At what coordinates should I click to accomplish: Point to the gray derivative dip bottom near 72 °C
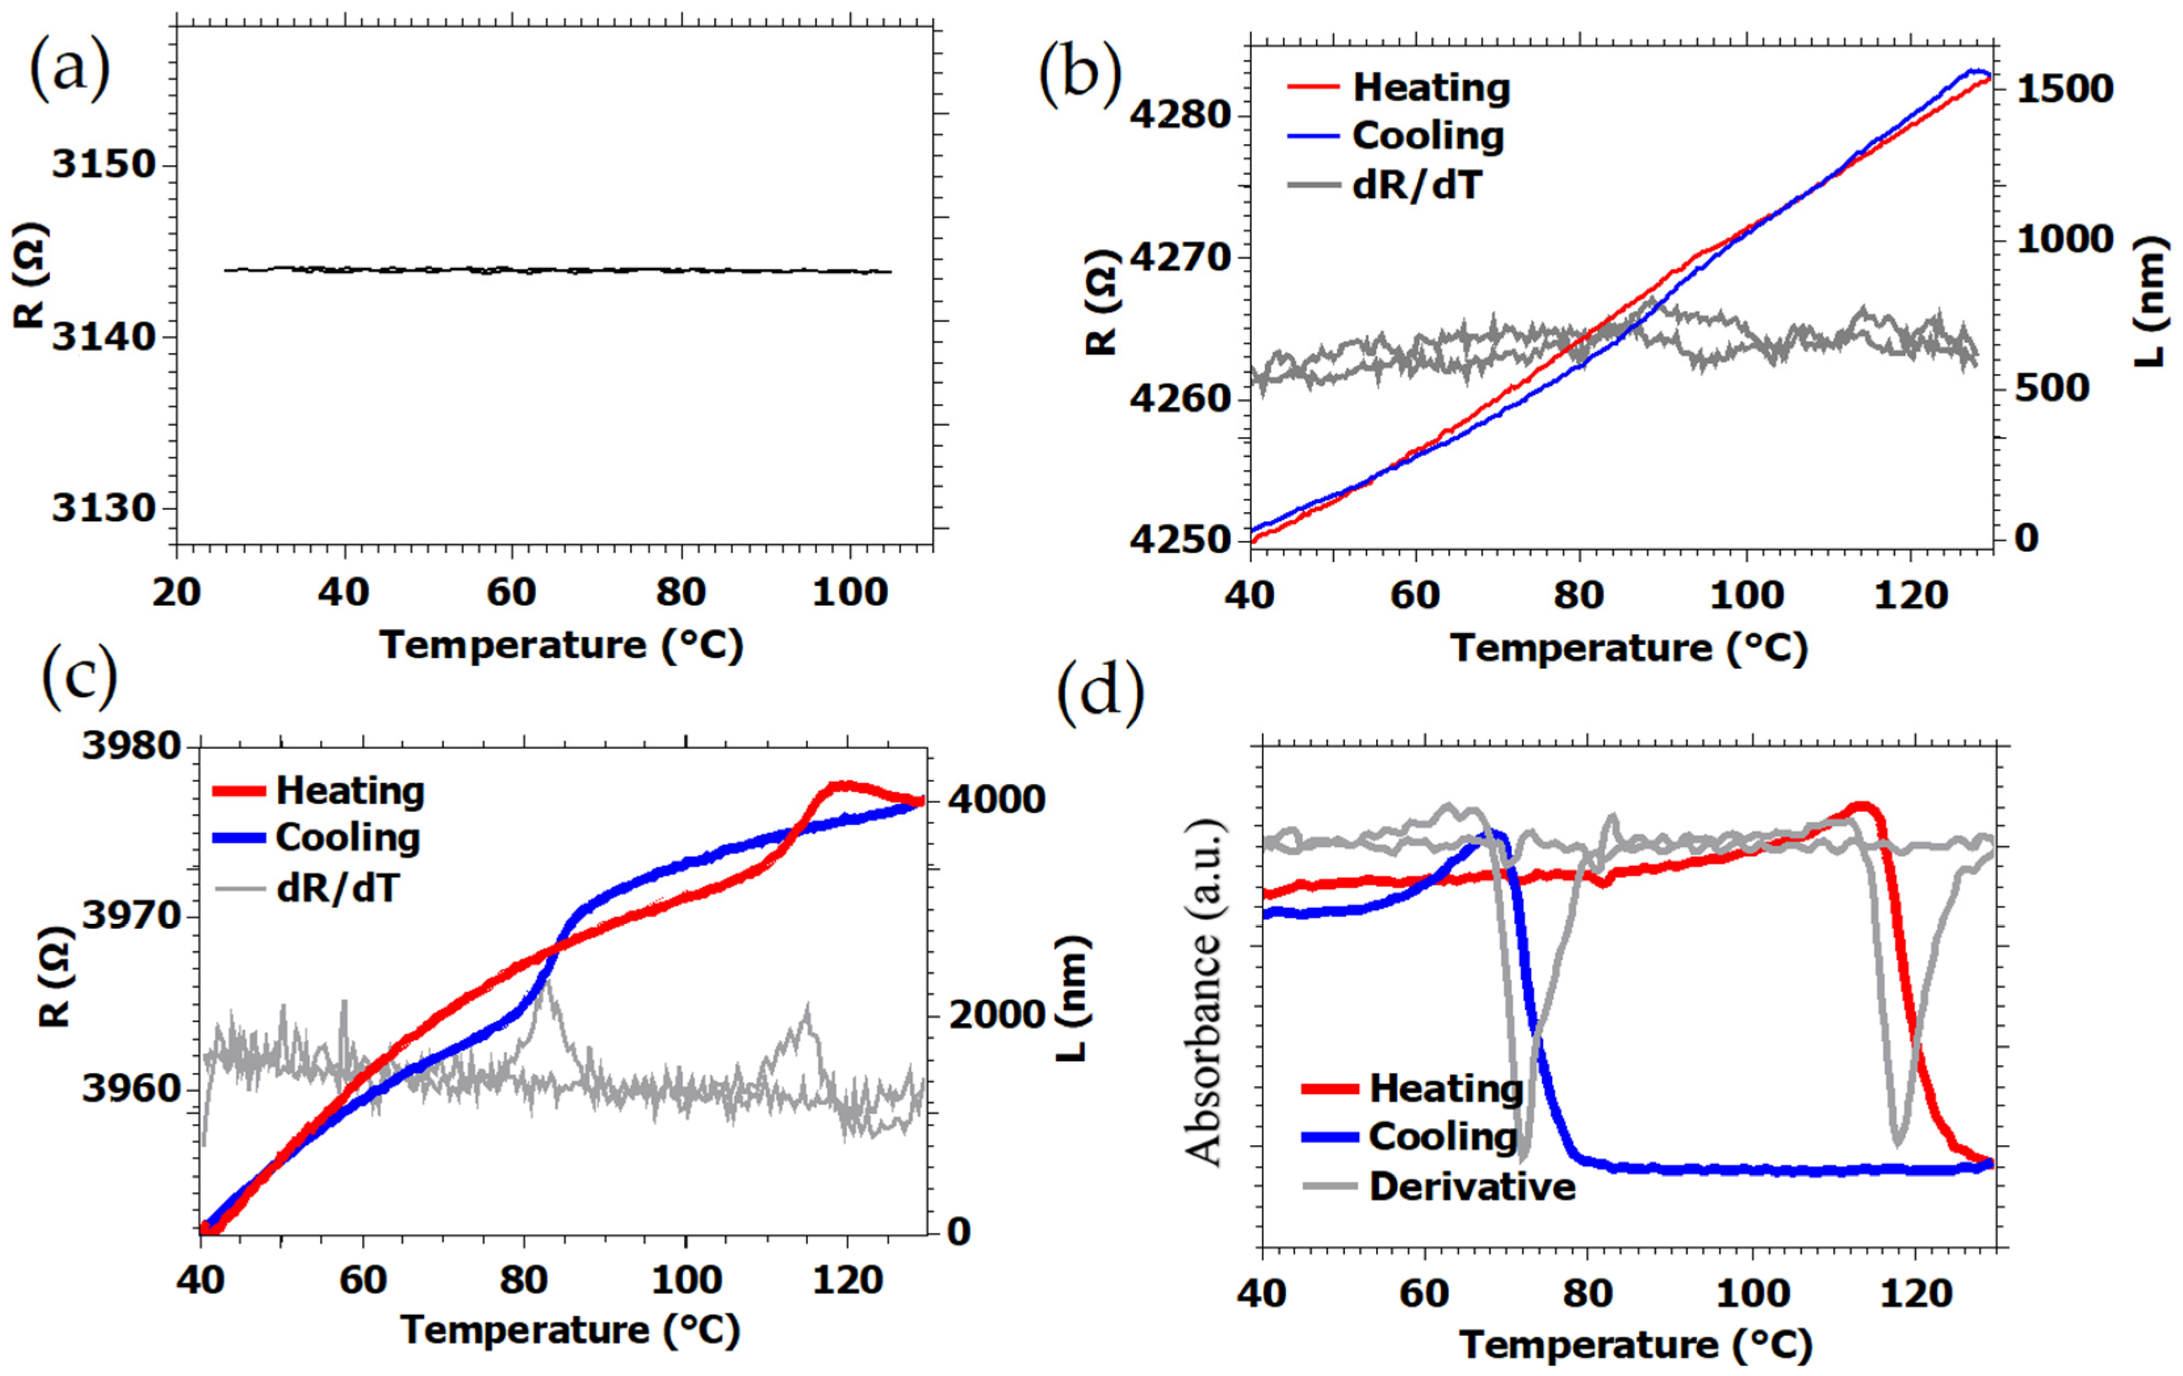tap(1523, 1156)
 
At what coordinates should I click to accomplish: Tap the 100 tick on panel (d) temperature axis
tap(1753, 1294)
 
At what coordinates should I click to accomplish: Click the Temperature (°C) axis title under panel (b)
tap(1629, 649)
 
